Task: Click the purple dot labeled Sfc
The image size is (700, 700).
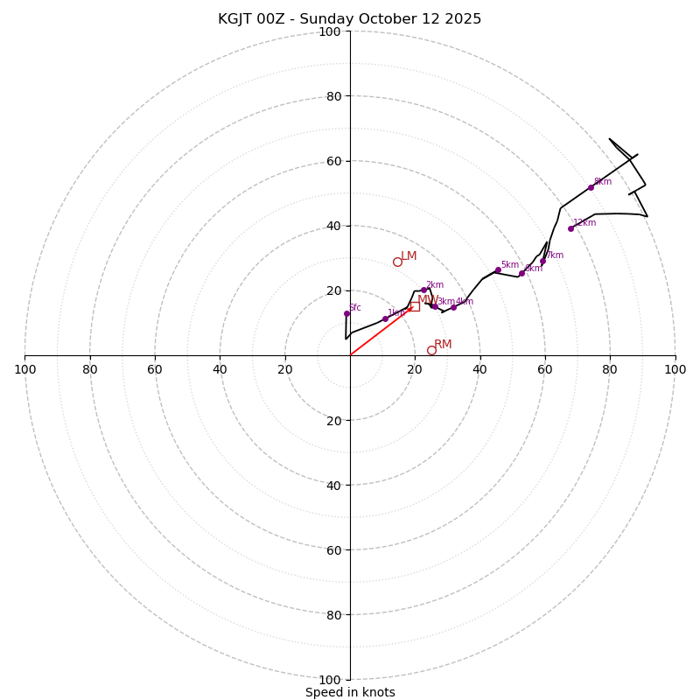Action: pyautogui.click(x=346, y=313)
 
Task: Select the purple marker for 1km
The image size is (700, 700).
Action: pyautogui.click(x=385, y=318)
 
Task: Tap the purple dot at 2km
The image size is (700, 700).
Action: pyautogui.click(x=423, y=290)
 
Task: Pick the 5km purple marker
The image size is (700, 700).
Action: pyautogui.click(x=498, y=269)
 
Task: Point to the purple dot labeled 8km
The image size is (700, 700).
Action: pyautogui.click(x=591, y=187)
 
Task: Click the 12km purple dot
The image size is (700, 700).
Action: pyautogui.click(x=570, y=228)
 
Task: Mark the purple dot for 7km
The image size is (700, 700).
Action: pyautogui.click(x=542, y=261)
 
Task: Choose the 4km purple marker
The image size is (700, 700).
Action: pyautogui.click(x=453, y=307)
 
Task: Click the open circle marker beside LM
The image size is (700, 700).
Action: pyautogui.click(x=397, y=262)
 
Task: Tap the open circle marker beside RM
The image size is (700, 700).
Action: pyautogui.click(x=431, y=350)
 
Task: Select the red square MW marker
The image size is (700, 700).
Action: pyautogui.click(x=415, y=306)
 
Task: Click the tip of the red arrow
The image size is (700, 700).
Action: pyautogui.click(x=413, y=306)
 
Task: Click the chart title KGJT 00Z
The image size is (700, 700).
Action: pyautogui.click(x=350, y=19)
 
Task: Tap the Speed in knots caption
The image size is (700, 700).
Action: pyautogui.click(x=350, y=692)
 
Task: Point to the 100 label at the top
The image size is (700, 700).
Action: pyautogui.click(x=330, y=32)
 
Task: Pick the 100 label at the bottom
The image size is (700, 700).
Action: pyautogui.click(x=330, y=679)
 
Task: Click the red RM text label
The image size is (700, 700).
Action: pyautogui.click(x=443, y=345)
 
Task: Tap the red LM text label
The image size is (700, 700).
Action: pyautogui.click(x=409, y=256)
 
